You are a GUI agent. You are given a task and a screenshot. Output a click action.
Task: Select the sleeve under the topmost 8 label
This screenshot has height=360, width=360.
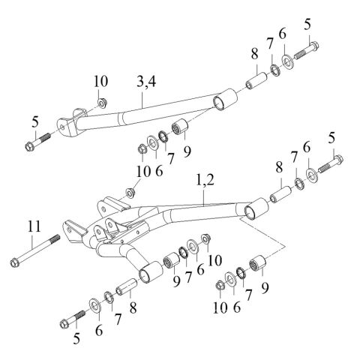256,77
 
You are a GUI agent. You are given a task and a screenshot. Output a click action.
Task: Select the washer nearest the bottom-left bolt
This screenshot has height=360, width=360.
95,304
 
